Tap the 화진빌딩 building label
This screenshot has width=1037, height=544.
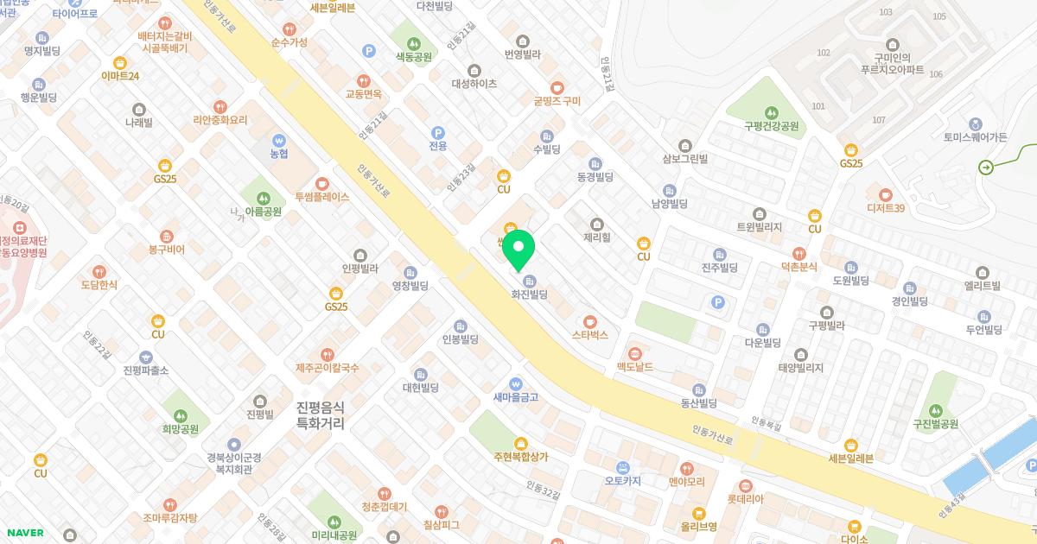tap(529, 294)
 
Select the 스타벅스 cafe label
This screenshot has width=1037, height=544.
tap(590, 334)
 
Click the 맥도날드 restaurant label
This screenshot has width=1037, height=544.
tap(634, 367)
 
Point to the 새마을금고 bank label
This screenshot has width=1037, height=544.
tap(516, 397)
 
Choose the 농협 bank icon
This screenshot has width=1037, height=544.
tap(278, 140)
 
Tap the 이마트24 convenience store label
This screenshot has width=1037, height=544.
tap(120, 76)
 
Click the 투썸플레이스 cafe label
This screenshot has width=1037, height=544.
tap(321, 197)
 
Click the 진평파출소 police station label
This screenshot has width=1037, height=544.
tap(146, 370)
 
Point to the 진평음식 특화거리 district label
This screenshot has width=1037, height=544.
tap(320, 415)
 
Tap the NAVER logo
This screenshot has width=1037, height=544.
tap(25, 532)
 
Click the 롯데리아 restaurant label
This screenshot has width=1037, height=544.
tap(745, 498)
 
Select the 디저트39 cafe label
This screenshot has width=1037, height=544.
tap(885, 207)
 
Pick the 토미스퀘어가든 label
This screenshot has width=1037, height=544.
tap(976, 136)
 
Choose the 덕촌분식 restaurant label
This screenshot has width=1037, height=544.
tap(798, 267)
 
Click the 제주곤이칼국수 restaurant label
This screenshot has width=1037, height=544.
tap(327, 368)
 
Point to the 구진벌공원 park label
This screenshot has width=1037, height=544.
tap(936, 423)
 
